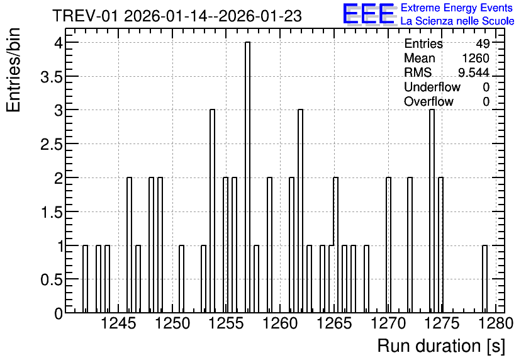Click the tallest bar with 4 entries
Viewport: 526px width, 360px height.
pyautogui.click(x=247, y=177)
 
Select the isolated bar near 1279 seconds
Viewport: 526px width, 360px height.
pyautogui.click(x=484, y=279)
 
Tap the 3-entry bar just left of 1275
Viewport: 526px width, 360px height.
pyautogui.click(x=432, y=211)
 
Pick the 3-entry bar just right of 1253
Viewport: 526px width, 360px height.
pyautogui.click(x=212, y=211)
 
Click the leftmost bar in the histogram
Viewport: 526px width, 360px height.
pyautogui.click(x=85, y=279)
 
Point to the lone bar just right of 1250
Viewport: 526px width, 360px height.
pyautogui.click(x=181, y=279)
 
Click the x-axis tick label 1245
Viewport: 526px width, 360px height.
pyautogui.click(x=118, y=323)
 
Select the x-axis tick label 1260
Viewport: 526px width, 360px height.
pyautogui.click(x=280, y=323)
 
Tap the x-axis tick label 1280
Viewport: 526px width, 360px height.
pyautogui.click(x=495, y=323)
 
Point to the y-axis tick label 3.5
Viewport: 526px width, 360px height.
pyautogui.click(x=52, y=77)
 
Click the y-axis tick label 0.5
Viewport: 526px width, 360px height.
pyautogui.click(x=52, y=280)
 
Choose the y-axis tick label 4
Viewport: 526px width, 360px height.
pyautogui.click(x=59, y=43)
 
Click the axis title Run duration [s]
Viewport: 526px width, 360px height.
pyautogui.click(x=441, y=346)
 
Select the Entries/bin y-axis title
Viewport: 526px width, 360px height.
pyautogui.click(x=14, y=70)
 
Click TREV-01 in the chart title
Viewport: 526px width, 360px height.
pyautogui.click(x=86, y=16)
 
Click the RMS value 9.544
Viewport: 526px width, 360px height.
pyautogui.click(x=474, y=72)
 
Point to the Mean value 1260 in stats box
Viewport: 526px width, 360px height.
pyautogui.click(x=476, y=58)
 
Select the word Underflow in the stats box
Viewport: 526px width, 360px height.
pyautogui.click(x=432, y=87)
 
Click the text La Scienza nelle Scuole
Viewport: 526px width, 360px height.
pyautogui.click(x=457, y=21)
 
